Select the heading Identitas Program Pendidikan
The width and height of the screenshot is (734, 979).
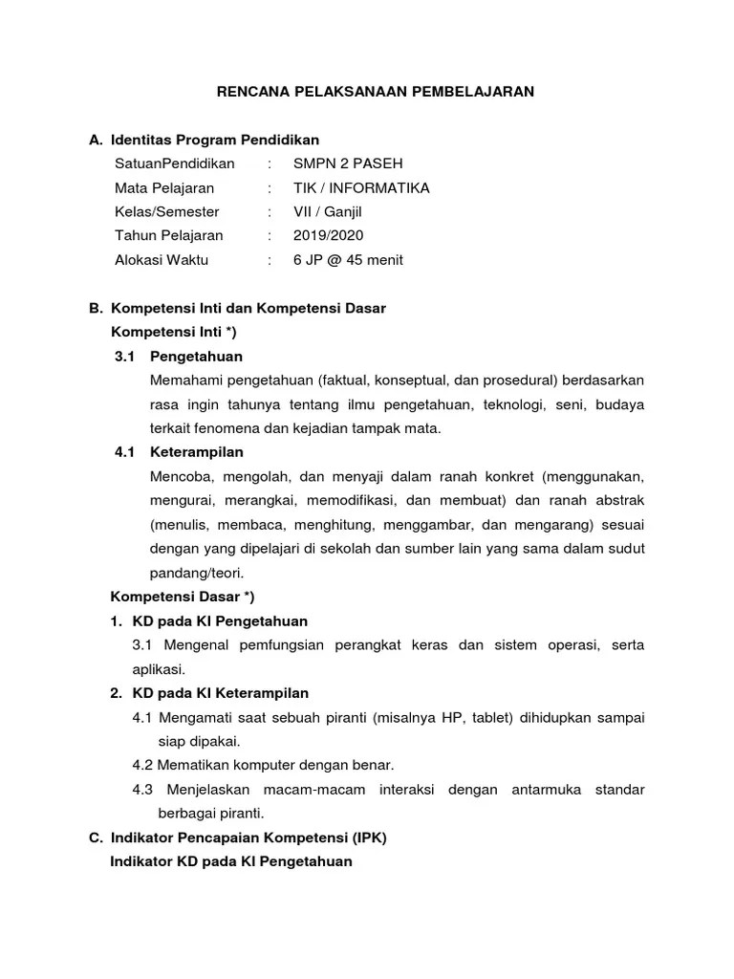pos(215,140)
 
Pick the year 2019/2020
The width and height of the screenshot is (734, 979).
pos(328,235)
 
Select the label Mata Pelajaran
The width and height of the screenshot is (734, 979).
pos(164,187)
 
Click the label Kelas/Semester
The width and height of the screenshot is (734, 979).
pos(166,211)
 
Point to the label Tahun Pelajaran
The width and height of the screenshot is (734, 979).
pos(168,235)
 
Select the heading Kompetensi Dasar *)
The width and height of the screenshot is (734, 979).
pos(183,597)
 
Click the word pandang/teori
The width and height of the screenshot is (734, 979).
pos(197,573)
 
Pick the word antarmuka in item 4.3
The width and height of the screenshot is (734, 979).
pos(524,790)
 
